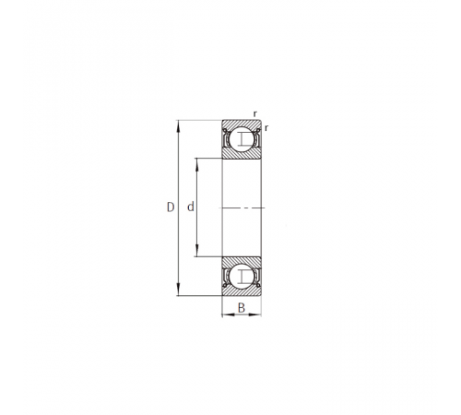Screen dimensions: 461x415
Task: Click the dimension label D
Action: pyautogui.click(x=171, y=207)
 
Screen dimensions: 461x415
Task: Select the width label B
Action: pyautogui.click(x=242, y=307)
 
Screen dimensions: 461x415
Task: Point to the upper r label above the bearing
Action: pyautogui.click(x=255, y=114)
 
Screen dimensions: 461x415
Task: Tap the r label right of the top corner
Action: pyautogui.click(x=266, y=128)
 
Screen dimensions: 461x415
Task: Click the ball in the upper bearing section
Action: pyautogui.click(x=242, y=139)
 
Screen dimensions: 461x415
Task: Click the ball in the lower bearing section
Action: pyautogui.click(x=242, y=277)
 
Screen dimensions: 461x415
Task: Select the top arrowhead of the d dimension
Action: pyautogui.click(x=197, y=164)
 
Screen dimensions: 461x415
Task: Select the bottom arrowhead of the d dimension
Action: pyautogui.click(x=197, y=251)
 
